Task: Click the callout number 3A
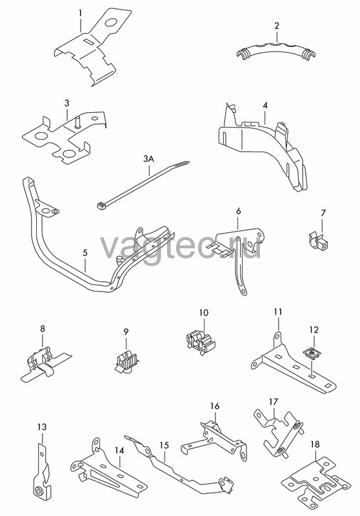tap(149, 159)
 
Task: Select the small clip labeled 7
tap(319, 241)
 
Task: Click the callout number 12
tap(314, 329)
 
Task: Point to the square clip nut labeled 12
tap(312, 353)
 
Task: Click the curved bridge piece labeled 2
tap(275, 50)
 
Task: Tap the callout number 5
tap(85, 253)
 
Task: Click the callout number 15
tap(164, 446)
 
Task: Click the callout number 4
tap(265, 105)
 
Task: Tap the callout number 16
tap(215, 406)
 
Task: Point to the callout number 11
tap(278, 312)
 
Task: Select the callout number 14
tap(119, 450)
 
